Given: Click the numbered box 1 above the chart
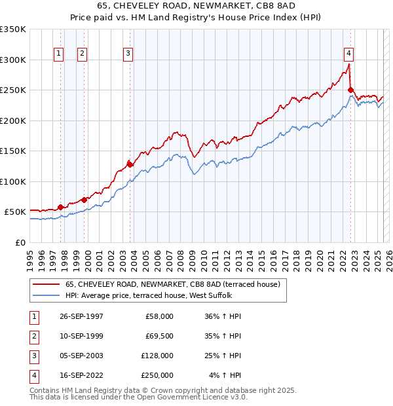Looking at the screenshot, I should click(59, 54).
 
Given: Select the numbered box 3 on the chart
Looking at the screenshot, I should click(128, 54).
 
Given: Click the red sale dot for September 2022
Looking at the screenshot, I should click(351, 90).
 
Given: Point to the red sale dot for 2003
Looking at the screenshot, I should click(130, 164).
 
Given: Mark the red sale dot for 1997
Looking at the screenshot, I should click(61, 207).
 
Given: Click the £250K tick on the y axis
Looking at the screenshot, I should click(13, 90).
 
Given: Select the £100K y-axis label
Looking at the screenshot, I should click(13, 181).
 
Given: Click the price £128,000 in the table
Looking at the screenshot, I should click(157, 356).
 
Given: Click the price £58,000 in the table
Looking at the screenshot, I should click(160, 316).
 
